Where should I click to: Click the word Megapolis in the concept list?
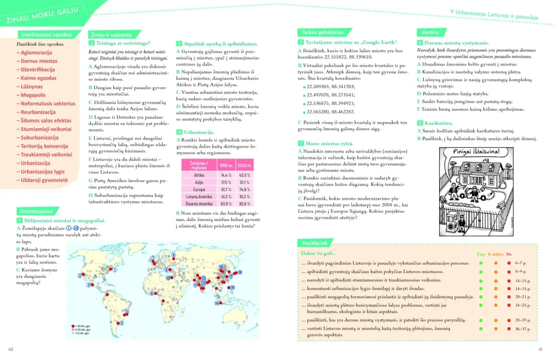(x=33, y=95)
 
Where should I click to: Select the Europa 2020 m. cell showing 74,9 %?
(x=245, y=189)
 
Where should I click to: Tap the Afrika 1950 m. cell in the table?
(x=226, y=175)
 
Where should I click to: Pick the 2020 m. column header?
(x=245, y=166)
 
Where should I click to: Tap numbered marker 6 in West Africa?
(x=152, y=293)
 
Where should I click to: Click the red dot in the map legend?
(x=72, y=326)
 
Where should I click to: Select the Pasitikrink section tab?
(x=315, y=243)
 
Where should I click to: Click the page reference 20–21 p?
(x=522, y=297)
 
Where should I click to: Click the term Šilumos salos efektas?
(x=46, y=121)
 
